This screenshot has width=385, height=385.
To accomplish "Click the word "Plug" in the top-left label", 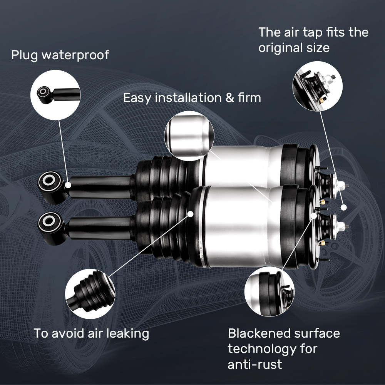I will coord(24,55).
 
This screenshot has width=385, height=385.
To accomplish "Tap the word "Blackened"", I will coord(258,333).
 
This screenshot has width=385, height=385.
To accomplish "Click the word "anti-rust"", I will coord(254,364).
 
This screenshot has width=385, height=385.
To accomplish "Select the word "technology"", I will coord(261,348).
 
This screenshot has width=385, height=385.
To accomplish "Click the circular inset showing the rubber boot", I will coord(90,294).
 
